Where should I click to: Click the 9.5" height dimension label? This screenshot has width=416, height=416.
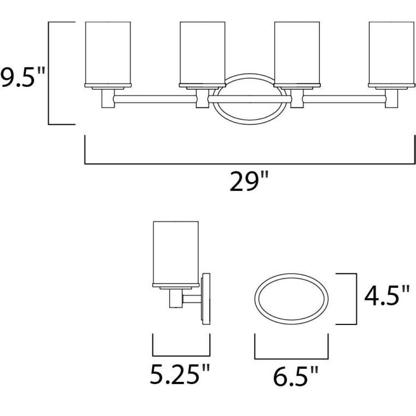[22, 77]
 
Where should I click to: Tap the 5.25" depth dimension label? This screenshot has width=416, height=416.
[180, 374]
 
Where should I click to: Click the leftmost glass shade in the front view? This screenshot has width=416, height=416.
[108, 53]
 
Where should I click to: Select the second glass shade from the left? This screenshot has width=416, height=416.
[203, 53]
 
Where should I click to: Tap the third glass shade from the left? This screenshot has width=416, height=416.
[297, 53]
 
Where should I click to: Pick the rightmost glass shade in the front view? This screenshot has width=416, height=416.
[391, 53]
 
